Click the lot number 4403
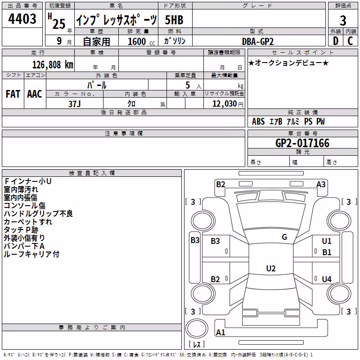[x=22, y=19]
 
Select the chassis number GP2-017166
[x=302, y=143]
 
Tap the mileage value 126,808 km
[x=53, y=65]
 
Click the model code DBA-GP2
[x=258, y=41]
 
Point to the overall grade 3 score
[x=343, y=20]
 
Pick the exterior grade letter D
[x=336, y=41]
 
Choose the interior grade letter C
[x=350, y=41]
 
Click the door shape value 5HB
[x=174, y=20]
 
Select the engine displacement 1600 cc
[x=141, y=41]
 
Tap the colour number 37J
[x=75, y=104]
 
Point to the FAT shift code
[x=13, y=94]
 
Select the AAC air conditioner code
[x=35, y=94]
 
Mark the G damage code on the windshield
[x=284, y=237]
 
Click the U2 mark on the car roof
[x=271, y=268]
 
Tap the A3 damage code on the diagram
[x=321, y=184]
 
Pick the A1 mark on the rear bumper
[x=220, y=332]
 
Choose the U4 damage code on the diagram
[x=327, y=279]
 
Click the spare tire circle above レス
[x=197, y=328]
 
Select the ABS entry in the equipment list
[x=258, y=121]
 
